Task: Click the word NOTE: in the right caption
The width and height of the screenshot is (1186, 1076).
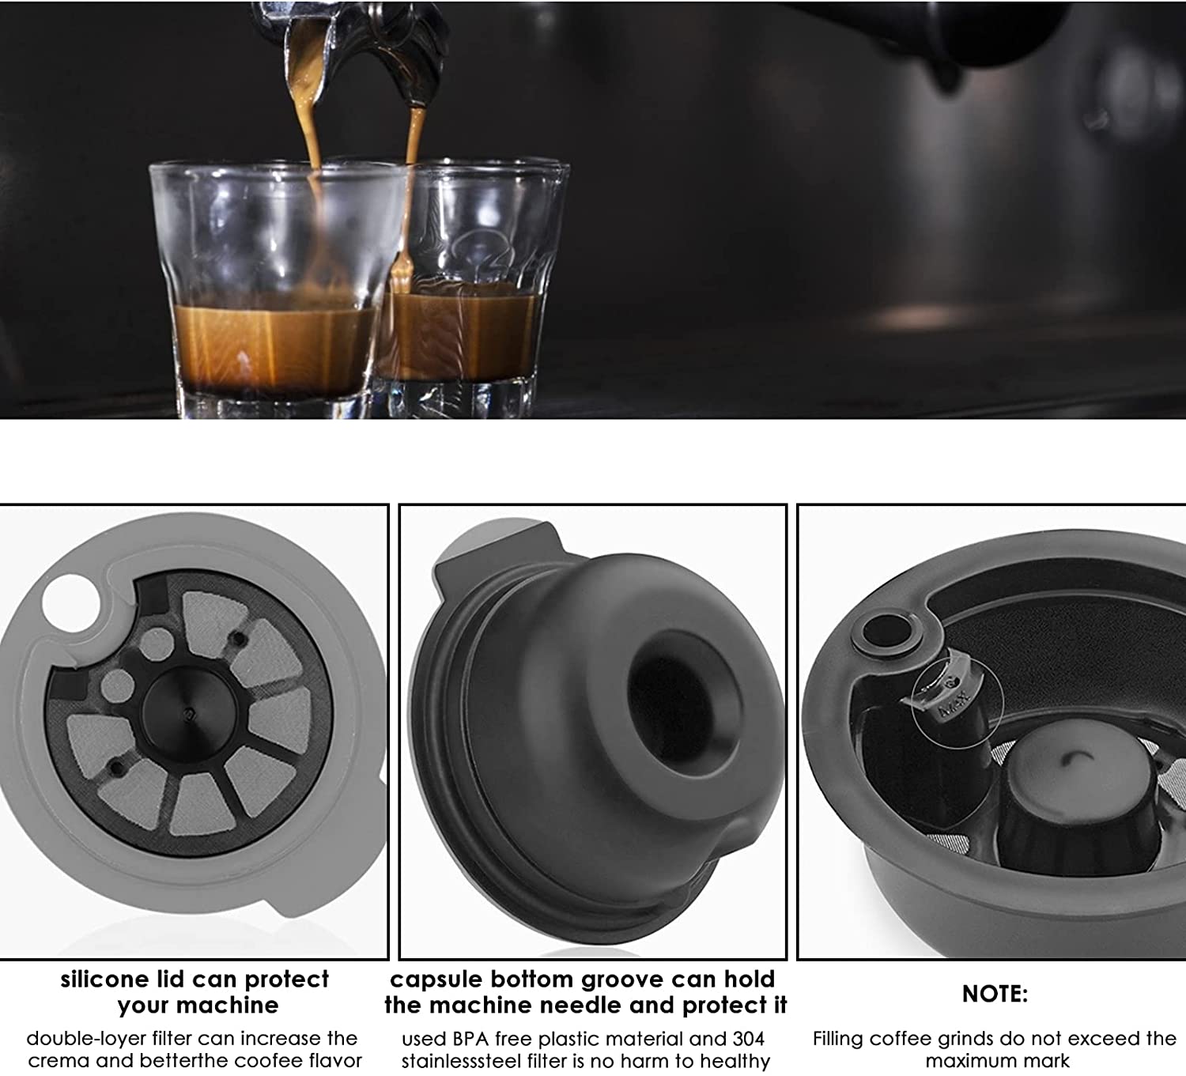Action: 995,994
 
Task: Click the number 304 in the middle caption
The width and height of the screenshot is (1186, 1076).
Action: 749,1039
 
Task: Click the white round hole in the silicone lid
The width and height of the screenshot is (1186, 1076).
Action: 69,602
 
